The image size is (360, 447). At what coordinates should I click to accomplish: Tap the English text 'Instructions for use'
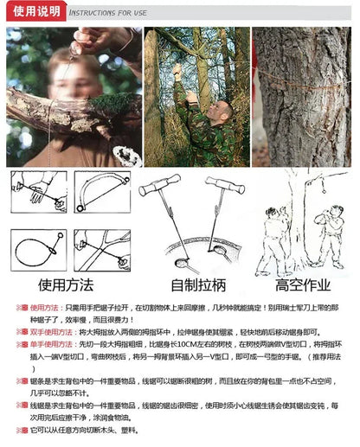click(108, 12)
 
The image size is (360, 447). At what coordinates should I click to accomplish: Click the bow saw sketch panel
click(101, 191)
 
